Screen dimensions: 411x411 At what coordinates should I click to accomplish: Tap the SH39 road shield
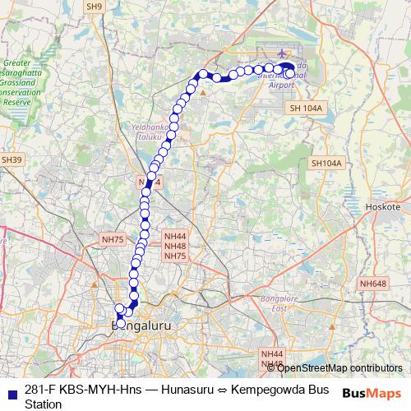click(x=11, y=159)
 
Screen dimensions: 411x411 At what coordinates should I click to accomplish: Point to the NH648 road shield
click(x=372, y=284)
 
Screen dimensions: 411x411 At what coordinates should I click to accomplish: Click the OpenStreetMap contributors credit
click(x=335, y=368)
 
